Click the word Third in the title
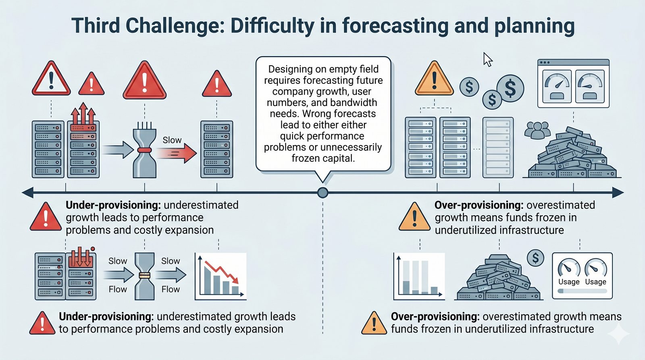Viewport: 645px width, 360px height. tap(95, 26)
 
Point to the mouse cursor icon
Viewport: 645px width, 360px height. tap(488, 59)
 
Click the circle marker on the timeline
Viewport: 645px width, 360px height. tap(322, 193)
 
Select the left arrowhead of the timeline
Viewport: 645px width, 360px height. tap(28, 193)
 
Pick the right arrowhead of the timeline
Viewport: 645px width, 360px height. tap(618, 193)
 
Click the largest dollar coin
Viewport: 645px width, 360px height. tap(510, 88)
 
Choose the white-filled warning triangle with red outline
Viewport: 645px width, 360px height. tap(51, 79)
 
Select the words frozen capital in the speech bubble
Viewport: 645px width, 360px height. tap(323, 158)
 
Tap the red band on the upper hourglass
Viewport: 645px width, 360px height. tap(145, 150)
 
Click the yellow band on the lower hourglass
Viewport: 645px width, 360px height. tap(145, 275)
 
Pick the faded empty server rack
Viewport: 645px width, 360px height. tap(498, 147)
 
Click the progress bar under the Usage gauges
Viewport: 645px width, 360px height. tap(582, 291)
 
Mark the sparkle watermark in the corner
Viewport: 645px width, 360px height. tap(618, 333)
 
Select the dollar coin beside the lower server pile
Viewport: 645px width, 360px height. tap(535, 258)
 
